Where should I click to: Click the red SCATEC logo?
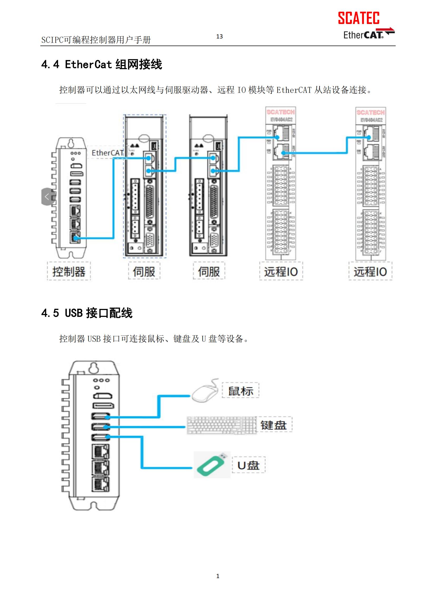click(x=359, y=18)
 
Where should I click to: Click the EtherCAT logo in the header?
click(x=368, y=34)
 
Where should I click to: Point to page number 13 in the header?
click(x=219, y=37)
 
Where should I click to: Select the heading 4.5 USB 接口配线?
click(x=87, y=313)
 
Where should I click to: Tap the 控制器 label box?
click(x=69, y=271)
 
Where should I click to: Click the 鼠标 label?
click(x=240, y=391)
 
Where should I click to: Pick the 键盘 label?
click(x=274, y=425)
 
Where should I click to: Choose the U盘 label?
click(x=248, y=465)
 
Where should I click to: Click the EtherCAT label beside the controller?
click(x=107, y=153)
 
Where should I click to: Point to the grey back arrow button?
click(x=47, y=197)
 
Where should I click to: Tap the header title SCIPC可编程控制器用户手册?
click(x=96, y=40)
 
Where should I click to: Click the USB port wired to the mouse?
click(x=101, y=417)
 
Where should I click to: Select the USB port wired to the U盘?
click(x=101, y=437)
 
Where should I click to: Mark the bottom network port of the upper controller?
click(x=75, y=237)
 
